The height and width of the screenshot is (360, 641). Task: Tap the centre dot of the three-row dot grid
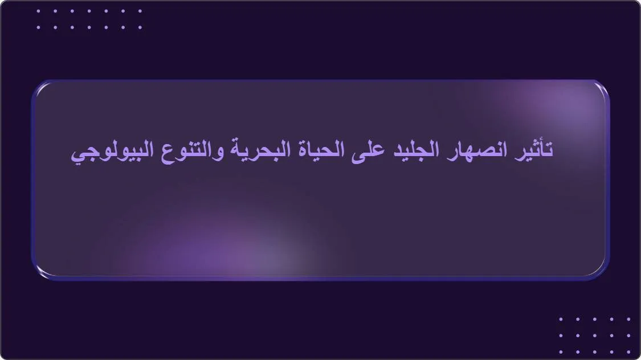594,336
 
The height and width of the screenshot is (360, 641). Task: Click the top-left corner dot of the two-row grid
38,10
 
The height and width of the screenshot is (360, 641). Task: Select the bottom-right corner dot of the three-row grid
628,352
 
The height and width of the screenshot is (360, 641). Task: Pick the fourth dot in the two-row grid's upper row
89,10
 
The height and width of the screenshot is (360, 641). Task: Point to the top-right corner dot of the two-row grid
140,10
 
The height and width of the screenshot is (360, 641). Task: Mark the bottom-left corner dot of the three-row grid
561,352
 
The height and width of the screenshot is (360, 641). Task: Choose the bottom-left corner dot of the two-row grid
38,27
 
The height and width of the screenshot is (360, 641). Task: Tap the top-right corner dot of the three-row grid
628,319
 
